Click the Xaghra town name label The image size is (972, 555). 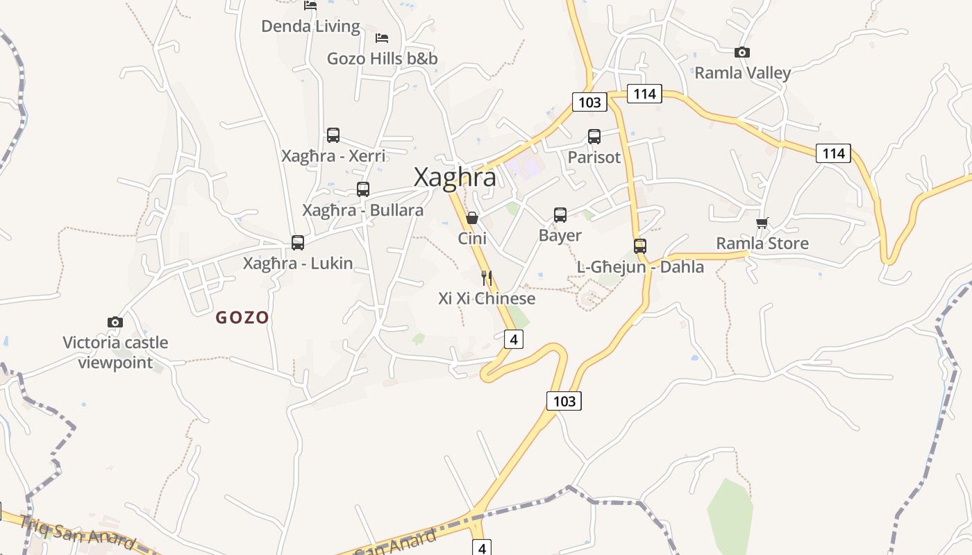click(x=455, y=178)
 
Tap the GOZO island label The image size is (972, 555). click(x=242, y=318)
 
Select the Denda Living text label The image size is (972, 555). click(x=310, y=27)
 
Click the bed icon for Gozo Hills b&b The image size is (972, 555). click(x=382, y=37)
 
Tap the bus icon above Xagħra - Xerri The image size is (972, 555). click(x=333, y=135)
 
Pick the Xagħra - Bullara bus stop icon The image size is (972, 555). click(x=362, y=189)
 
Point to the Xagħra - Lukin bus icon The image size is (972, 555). click(x=298, y=242)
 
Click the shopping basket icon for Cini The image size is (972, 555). click(x=472, y=218)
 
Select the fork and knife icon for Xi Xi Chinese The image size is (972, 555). click(x=487, y=278)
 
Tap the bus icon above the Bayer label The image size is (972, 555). click(x=560, y=215)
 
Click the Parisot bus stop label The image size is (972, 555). click(x=594, y=157)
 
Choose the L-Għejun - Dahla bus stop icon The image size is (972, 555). click(x=640, y=246)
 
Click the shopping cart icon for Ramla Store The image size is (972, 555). click(x=762, y=223)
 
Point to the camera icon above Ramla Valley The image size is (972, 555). click(x=742, y=52)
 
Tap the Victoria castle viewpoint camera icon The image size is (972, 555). click(x=115, y=322)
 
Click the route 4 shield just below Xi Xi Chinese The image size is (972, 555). click(x=513, y=339)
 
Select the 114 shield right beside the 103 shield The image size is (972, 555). click(x=644, y=94)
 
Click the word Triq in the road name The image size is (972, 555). click(x=35, y=525)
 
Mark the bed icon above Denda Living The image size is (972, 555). click(x=310, y=6)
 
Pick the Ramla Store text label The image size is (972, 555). click(x=762, y=244)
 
